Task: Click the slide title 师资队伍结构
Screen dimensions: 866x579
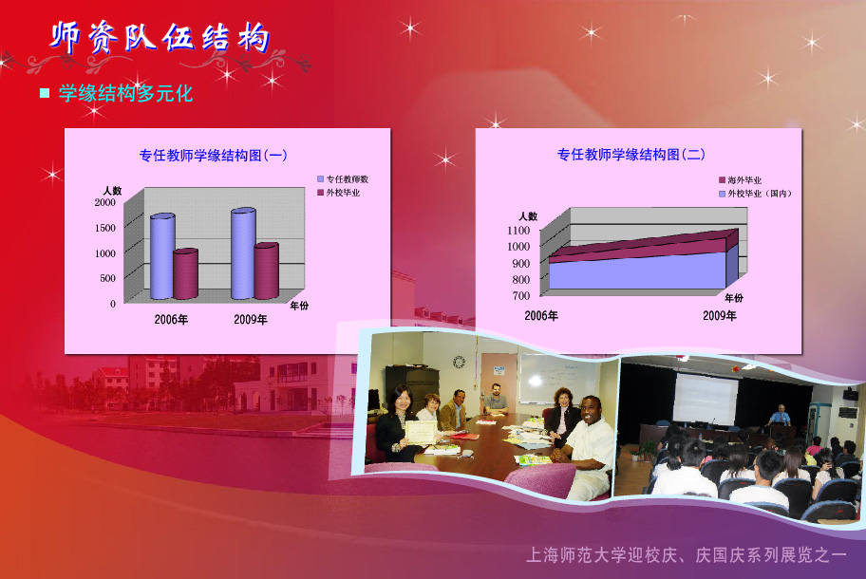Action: click(x=160, y=38)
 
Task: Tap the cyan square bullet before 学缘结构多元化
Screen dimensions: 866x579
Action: click(x=45, y=93)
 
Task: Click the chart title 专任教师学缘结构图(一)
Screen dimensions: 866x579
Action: click(x=213, y=155)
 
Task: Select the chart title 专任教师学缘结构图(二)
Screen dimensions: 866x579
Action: click(x=631, y=154)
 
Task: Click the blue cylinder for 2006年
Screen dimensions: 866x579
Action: click(x=162, y=256)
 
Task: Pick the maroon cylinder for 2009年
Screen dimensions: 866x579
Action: click(x=266, y=271)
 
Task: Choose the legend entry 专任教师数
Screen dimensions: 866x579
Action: click(x=343, y=178)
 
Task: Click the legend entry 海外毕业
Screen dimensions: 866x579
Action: click(x=740, y=180)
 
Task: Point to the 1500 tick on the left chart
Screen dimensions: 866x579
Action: click(x=105, y=228)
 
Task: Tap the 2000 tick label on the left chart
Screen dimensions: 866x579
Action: click(x=105, y=202)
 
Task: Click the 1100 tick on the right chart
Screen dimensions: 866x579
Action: click(x=518, y=230)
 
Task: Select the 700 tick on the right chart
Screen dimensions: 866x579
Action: click(x=520, y=295)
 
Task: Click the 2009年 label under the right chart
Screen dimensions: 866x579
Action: click(x=719, y=315)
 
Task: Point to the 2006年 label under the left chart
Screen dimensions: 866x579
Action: click(x=171, y=319)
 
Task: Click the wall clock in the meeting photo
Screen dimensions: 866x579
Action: click(x=459, y=362)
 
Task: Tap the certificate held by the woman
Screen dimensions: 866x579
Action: click(x=421, y=432)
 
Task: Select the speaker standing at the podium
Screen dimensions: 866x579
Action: click(x=780, y=416)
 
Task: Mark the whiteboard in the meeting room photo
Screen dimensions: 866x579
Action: click(x=556, y=380)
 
